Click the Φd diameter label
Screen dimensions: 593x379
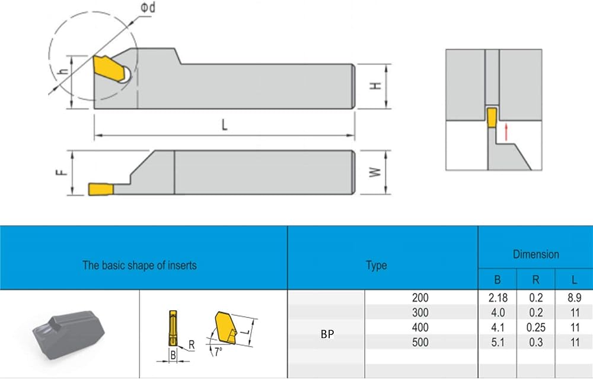point(148,7)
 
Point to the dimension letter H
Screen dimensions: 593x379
point(375,86)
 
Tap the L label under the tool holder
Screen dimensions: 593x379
point(225,124)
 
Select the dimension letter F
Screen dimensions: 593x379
point(62,172)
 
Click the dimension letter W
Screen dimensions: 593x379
point(375,172)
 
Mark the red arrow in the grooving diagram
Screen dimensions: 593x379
point(506,132)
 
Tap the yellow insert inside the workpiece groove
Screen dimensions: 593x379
point(492,118)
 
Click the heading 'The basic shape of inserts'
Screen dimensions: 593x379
point(139,265)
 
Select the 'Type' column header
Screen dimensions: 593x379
point(377,266)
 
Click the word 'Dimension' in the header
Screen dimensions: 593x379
point(536,254)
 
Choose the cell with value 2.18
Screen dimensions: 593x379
point(498,298)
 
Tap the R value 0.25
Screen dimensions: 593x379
point(536,327)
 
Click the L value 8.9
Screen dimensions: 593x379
point(574,298)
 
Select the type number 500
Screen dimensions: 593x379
point(420,342)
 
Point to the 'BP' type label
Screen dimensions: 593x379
point(327,334)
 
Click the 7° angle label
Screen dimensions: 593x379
point(218,352)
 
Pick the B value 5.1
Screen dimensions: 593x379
point(498,342)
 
